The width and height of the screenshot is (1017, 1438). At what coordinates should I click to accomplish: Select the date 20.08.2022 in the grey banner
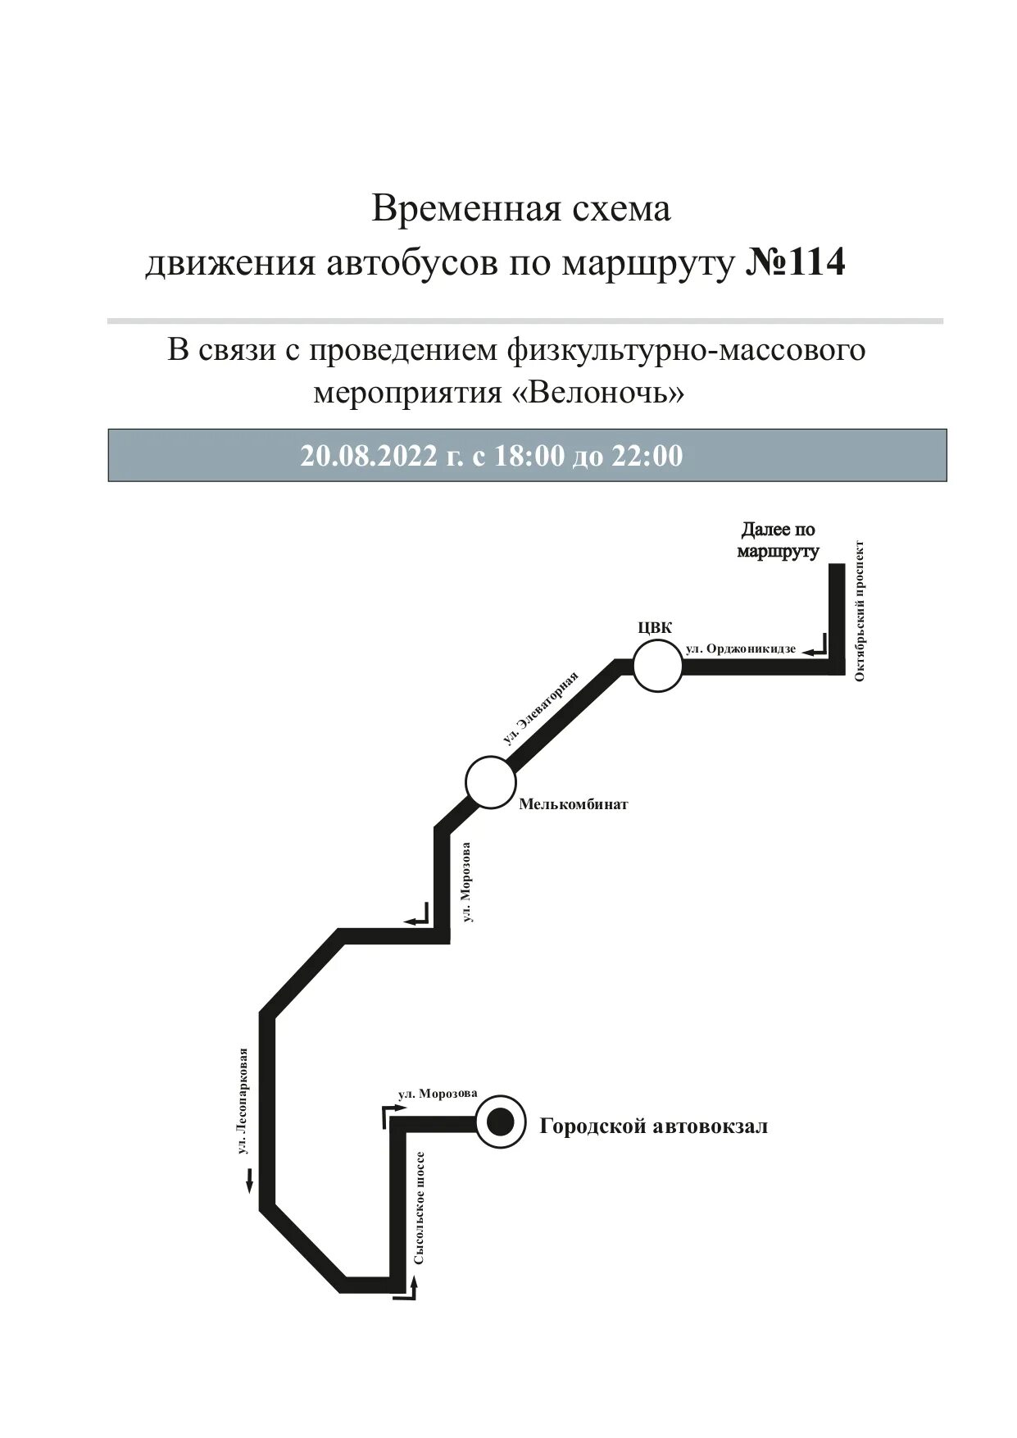pyautogui.click(x=369, y=456)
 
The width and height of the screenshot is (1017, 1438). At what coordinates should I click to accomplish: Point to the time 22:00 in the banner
pyautogui.click(x=647, y=456)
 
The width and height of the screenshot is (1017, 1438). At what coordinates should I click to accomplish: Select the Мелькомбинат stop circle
pyautogui.click(x=490, y=782)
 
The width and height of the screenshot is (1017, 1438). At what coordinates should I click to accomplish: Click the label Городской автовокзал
pyautogui.click(x=653, y=1126)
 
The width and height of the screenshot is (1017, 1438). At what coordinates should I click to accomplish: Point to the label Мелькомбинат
pyautogui.click(x=573, y=804)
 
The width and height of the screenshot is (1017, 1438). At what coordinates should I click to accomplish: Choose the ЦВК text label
pyautogui.click(x=655, y=629)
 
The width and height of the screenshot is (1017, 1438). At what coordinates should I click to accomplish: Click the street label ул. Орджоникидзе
pyautogui.click(x=741, y=648)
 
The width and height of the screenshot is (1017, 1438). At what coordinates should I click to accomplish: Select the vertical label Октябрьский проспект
pyautogui.click(x=860, y=610)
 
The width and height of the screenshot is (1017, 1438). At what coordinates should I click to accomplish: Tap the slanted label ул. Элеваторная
pyautogui.click(x=540, y=708)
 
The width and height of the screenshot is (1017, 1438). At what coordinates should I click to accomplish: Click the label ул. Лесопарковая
pyautogui.click(x=242, y=1101)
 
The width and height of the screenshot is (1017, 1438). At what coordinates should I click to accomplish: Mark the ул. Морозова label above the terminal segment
pyautogui.click(x=438, y=1094)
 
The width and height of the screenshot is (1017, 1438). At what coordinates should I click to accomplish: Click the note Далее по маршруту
pyautogui.click(x=778, y=540)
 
